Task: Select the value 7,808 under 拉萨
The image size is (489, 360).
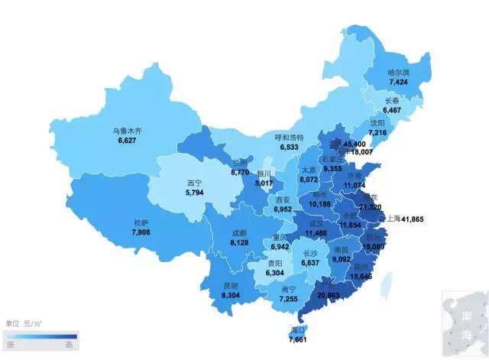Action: click(143, 232)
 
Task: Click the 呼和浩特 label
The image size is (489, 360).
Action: click(290, 137)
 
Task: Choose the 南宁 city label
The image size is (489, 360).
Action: click(289, 290)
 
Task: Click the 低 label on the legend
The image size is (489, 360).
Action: click(11, 344)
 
